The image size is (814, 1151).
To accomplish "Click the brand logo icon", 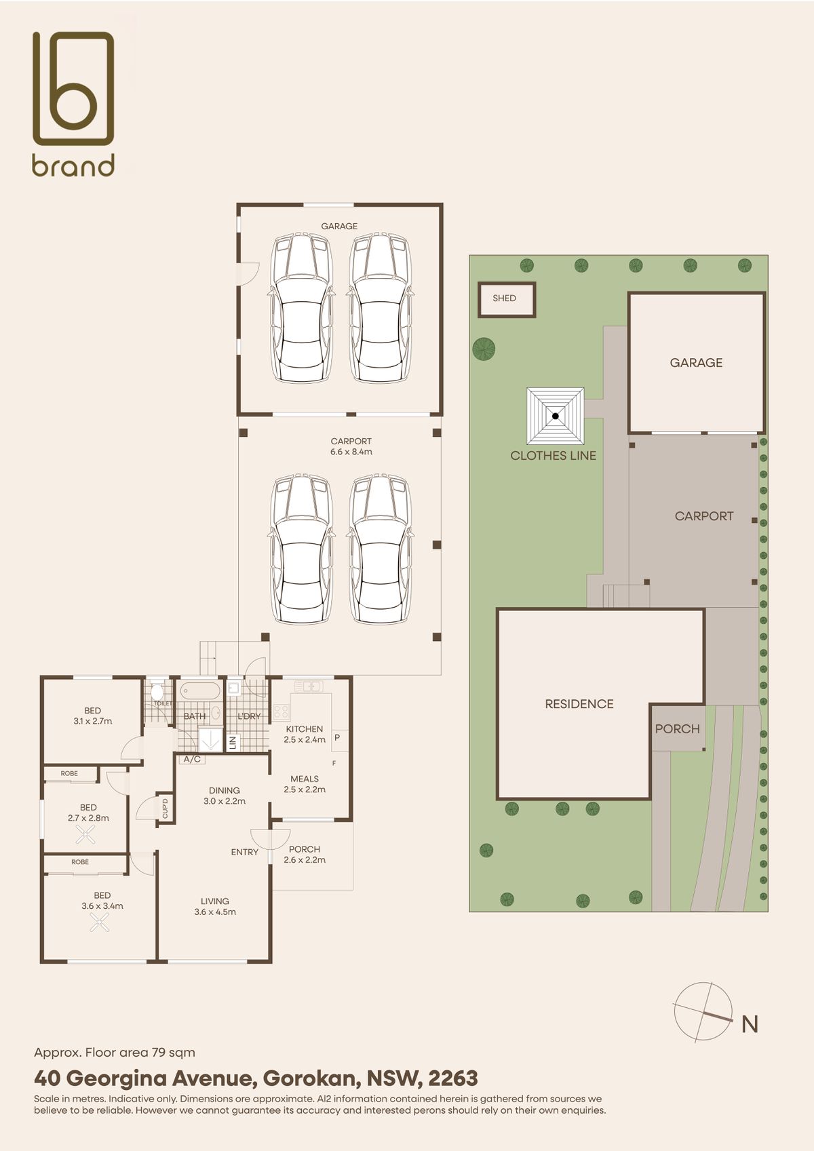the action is (x=73, y=87).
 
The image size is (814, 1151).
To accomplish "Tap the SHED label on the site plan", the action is (x=504, y=298).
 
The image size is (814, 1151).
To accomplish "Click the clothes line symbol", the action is (x=555, y=416).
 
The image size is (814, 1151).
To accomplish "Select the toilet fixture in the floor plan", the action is (x=157, y=690).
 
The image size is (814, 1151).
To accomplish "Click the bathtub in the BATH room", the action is (x=200, y=690).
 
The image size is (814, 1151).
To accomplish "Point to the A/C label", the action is (x=192, y=759).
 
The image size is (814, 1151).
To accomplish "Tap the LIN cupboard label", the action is (x=232, y=742).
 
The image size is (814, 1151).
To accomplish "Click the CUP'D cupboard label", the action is (x=165, y=808).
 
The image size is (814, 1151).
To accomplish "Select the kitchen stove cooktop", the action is (x=281, y=711).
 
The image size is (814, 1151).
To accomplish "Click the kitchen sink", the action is (x=309, y=686).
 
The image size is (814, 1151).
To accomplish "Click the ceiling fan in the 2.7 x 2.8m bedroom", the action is (x=85, y=834).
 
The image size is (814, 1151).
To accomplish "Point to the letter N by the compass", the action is (x=750, y=1025).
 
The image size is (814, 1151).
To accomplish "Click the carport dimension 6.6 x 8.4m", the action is (x=351, y=452).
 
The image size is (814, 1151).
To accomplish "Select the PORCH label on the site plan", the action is (x=677, y=728).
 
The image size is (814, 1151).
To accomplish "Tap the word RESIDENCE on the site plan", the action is (x=579, y=704).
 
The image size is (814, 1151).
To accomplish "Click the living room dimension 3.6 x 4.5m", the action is (x=215, y=912).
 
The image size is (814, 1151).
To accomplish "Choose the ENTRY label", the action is (x=245, y=852).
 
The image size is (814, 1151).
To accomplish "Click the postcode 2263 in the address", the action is (x=452, y=1078).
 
